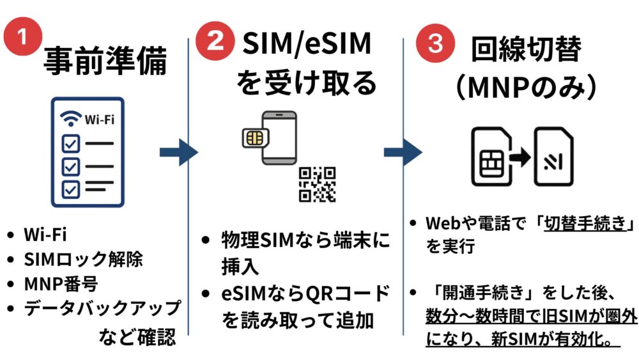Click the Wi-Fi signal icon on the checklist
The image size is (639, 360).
coord(70,118)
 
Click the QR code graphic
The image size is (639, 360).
coord(317,184)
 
